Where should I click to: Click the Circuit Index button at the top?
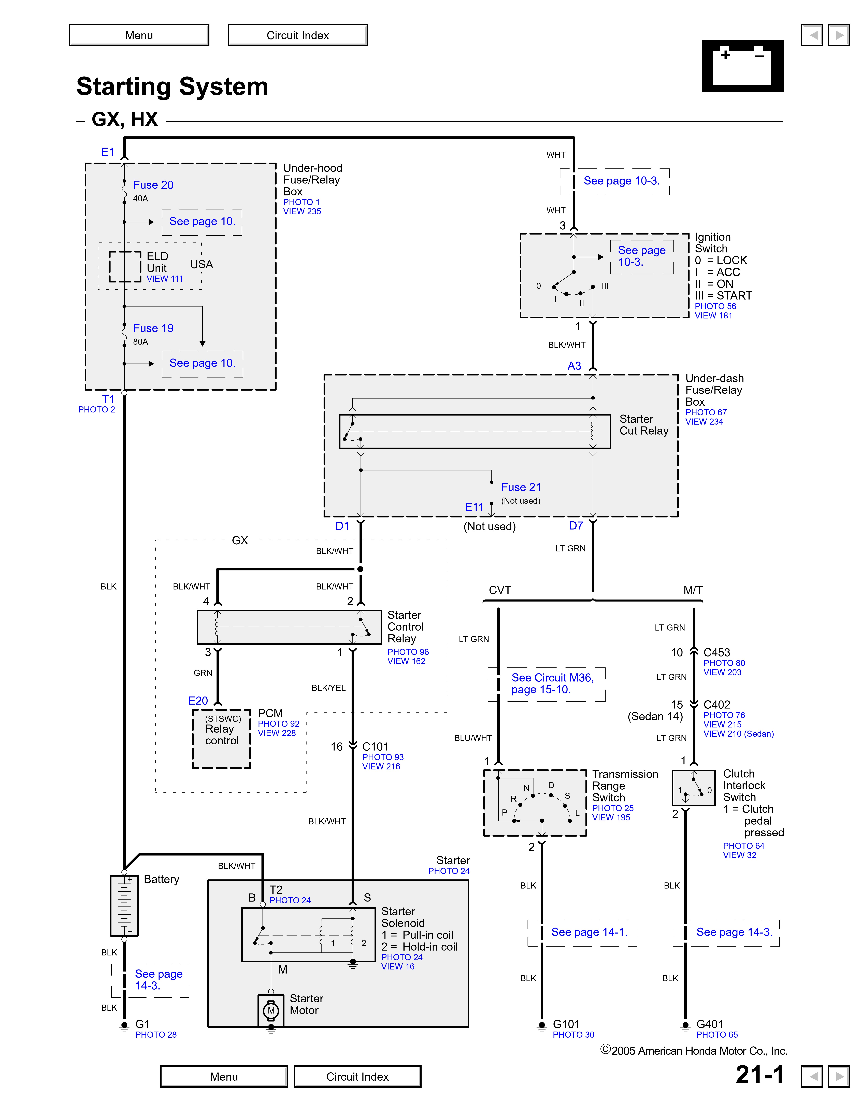click(x=297, y=35)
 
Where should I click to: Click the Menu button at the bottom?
click(x=224, y=1076)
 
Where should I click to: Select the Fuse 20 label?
click(x=153, y=185)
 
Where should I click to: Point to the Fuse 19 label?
click(x=153, y=328)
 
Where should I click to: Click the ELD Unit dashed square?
click(x=125, y=266)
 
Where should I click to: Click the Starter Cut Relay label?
click(x=643, y=425)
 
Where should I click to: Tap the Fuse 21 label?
click(x=521, y=487)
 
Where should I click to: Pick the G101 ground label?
click(x=566, y=1024)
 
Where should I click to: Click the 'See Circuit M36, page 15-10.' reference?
click(x=552, y=683)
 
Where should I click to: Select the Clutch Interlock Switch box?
click(x=693, y=788)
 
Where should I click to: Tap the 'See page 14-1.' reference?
click(x=589, y=932)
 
